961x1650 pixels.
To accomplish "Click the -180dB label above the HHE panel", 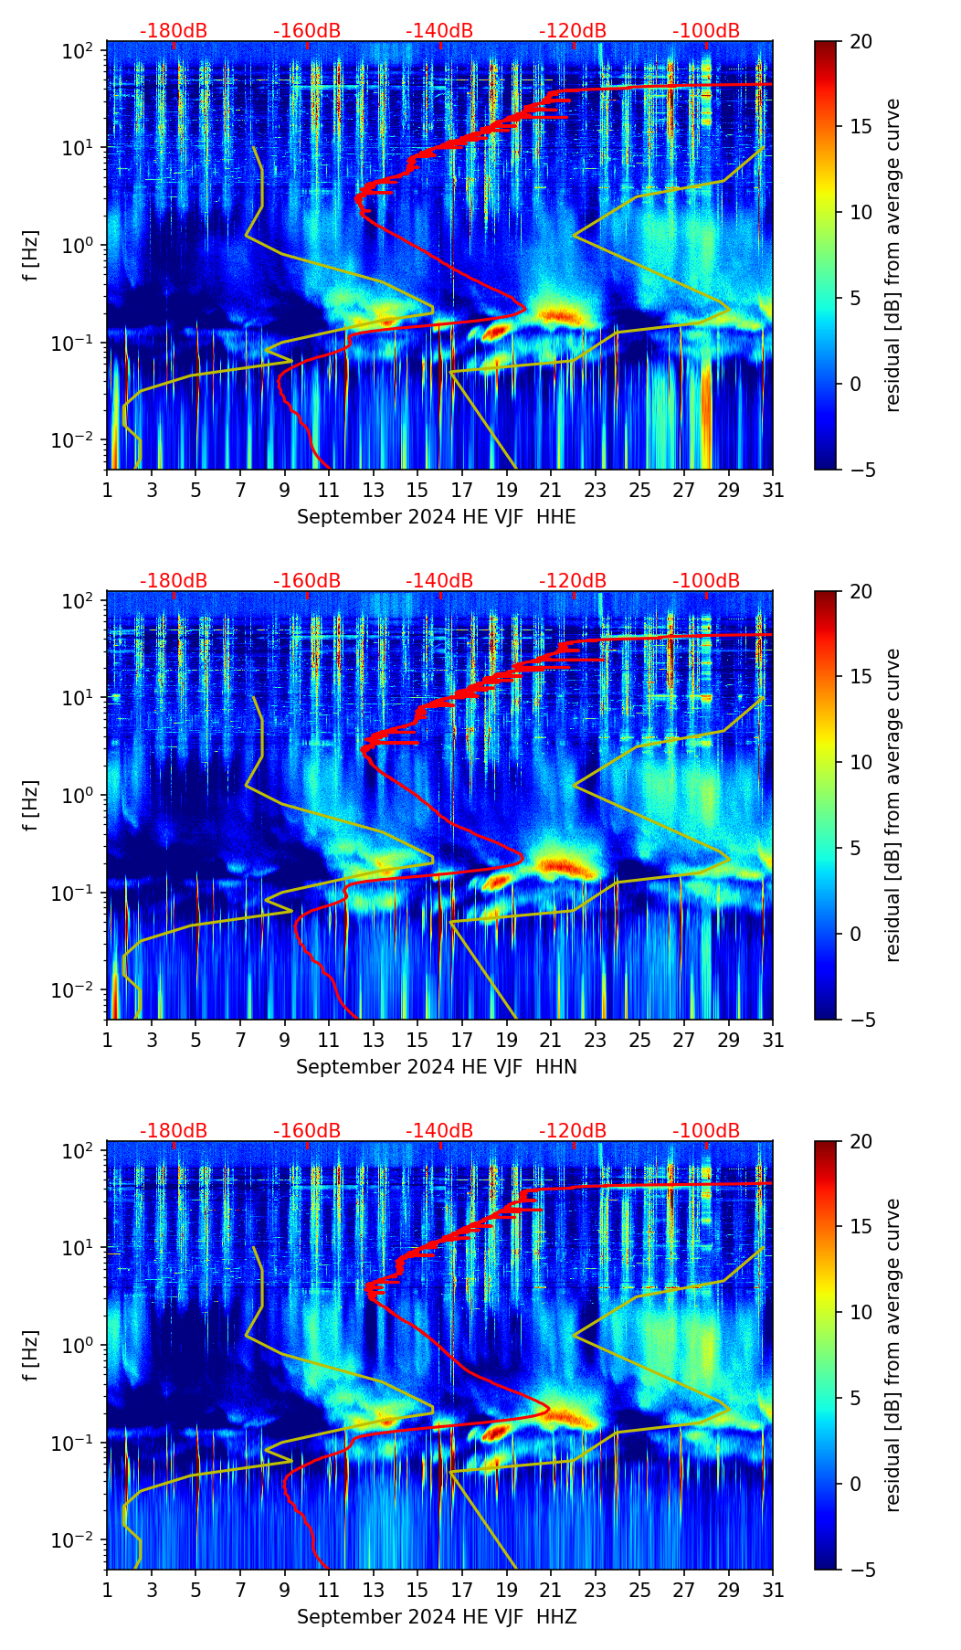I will [x=174, y=31].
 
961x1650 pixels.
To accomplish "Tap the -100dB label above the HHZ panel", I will [x=706, y=1131].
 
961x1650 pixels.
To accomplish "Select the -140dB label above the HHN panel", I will [x=439, y=581].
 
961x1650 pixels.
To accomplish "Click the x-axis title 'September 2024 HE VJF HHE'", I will [x=436, y=517].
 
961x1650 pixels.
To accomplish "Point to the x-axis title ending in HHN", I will [x=436, y=1067].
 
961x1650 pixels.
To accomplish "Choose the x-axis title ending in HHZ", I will [x=436, y=1617].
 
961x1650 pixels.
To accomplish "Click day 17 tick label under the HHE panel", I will [x=462, y=491].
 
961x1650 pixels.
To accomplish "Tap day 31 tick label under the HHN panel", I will [x=773, y=1041].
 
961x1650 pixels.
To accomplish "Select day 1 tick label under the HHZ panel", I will [x=108, y=1591].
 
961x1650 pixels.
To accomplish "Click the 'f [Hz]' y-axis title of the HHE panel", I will [x=30, y=256].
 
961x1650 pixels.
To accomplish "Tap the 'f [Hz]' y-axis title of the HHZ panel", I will [x=30, y=1356].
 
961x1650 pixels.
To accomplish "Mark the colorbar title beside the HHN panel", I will [x=892, y=805].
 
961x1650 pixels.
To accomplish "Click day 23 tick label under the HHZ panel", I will [x=596, y=1591].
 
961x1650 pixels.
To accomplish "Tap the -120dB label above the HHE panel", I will [x=573, y=31].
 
